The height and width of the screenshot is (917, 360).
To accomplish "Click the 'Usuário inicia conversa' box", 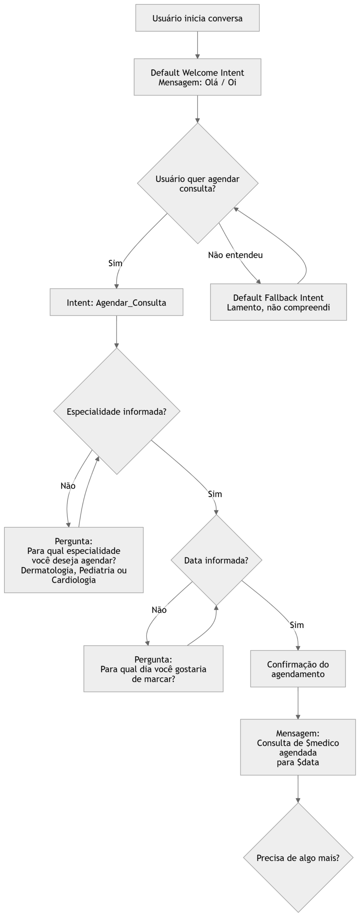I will coord(197,18).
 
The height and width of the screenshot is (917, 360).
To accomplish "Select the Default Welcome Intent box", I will coord(197,77).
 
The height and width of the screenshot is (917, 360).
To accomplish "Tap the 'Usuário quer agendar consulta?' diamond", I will coord(198,183).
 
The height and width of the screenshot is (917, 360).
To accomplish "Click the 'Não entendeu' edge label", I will coord(235,255).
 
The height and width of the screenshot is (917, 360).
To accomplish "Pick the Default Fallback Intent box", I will coord(278,302).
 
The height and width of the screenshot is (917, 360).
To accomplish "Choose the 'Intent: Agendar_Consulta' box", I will coord(116,303).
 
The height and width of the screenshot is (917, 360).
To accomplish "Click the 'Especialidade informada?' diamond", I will coord(117,412).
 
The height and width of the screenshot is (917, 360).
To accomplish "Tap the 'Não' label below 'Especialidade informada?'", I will coord(68,486).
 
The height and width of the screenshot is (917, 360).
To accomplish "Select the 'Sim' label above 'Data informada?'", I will coord(215,494).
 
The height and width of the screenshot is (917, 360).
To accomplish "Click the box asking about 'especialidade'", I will coord(74,560).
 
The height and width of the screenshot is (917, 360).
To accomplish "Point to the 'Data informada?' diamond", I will coord(216,560).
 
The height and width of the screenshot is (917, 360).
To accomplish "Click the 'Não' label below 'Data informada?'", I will coord(159,610).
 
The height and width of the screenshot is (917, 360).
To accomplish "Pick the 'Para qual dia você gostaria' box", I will coord(153,669).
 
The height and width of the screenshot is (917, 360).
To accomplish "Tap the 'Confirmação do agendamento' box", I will coord(298,669).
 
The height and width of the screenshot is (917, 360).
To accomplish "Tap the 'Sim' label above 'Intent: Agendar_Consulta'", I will coord(115,263).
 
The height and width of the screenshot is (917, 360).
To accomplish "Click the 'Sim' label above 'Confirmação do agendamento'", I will coord(297,625).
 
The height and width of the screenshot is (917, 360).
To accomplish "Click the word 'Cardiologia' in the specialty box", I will coord(74,580).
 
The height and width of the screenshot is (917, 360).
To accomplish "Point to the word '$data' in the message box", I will coord(308,762).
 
